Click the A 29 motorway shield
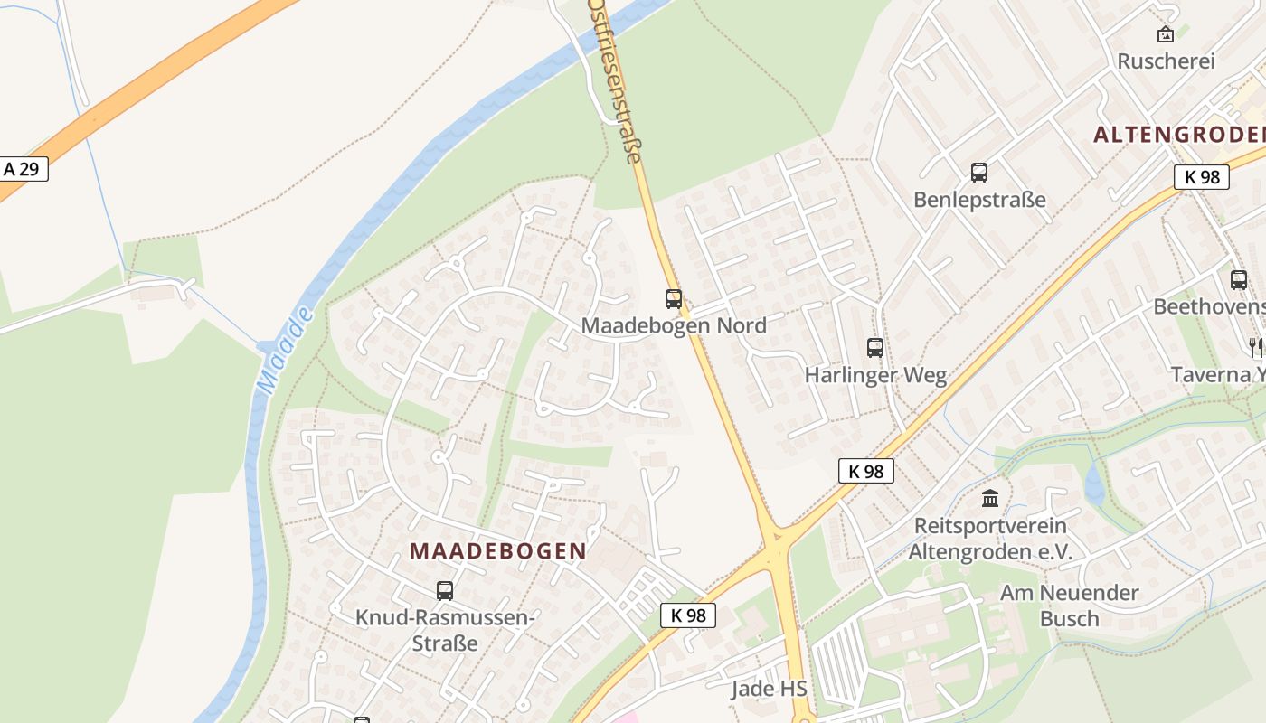coord(23,169)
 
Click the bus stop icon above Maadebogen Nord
coord(674,299)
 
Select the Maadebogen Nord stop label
coord(674,325)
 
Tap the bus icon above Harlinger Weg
coord(875,348)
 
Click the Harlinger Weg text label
coord(875,375)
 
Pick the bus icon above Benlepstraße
coord(978,173)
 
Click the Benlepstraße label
coord(979,200)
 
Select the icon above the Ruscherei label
coord(1166,35)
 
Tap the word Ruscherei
coord(1166,61)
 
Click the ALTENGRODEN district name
coord(1178,135)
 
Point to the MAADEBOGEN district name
coord(498,550)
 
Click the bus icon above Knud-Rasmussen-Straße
coord(444,591)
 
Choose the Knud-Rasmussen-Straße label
coord(444,630)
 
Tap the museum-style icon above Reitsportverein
coord(990,498)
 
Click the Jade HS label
coord(769,689)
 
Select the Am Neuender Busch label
coord(1069,606)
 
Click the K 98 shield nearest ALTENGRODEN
coord(1202,177)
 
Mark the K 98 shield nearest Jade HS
coord(688,615)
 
